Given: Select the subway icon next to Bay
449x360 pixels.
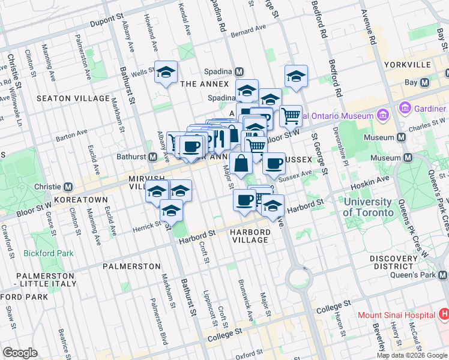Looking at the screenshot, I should point(425,82).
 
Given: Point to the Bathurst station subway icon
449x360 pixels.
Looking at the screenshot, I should point(153,157).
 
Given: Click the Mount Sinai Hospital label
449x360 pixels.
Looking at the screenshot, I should point(396,315).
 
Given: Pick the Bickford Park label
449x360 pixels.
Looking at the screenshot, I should point(49,253).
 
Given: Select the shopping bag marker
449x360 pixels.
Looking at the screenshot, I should point(241,163).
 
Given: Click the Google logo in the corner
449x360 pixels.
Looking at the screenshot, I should point(20,353).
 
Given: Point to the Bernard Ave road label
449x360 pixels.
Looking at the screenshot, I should point(248,29).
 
